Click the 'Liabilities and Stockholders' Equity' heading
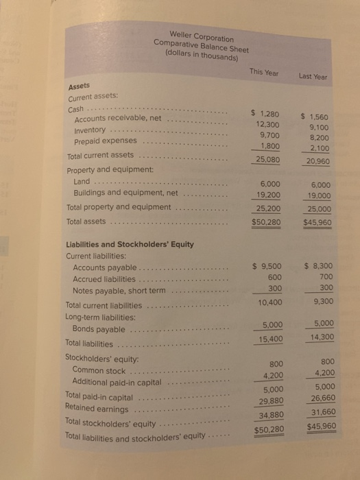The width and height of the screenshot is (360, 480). tap(129, 244)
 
